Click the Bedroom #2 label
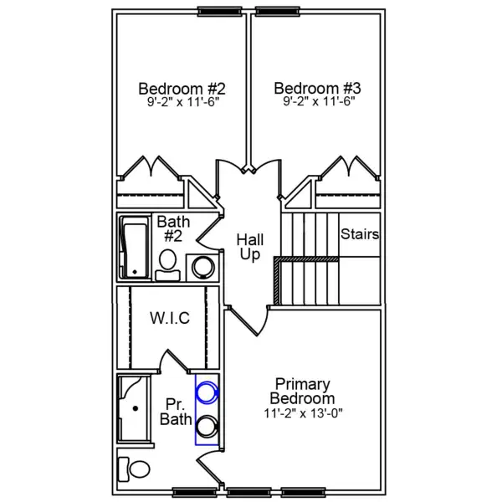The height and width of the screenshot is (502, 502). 182,88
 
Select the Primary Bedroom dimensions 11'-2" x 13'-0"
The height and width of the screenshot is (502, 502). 302,412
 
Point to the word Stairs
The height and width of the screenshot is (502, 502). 360,234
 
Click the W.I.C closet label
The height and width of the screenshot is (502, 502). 170,318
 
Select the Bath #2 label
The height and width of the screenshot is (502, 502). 173,229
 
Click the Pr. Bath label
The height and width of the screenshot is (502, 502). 174,412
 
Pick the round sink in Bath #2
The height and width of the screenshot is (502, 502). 203,267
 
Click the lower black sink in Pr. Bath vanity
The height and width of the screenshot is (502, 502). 207,426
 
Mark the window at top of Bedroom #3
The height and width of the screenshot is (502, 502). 277,11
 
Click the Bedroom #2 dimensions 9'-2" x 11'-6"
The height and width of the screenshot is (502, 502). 182,105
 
